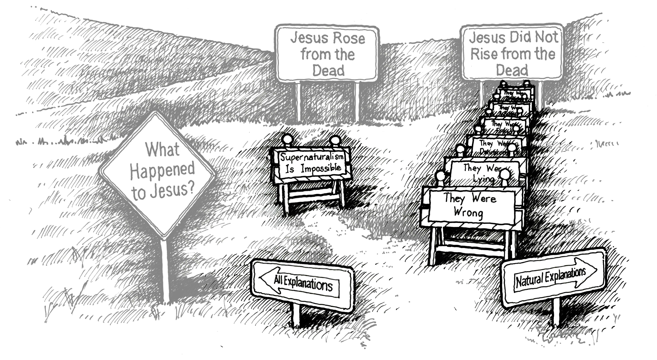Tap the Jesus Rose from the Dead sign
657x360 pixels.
[x=327, y=54]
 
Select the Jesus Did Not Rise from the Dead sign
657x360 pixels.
[x=512, y=54]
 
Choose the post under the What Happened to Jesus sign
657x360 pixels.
[x=166, y=270]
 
